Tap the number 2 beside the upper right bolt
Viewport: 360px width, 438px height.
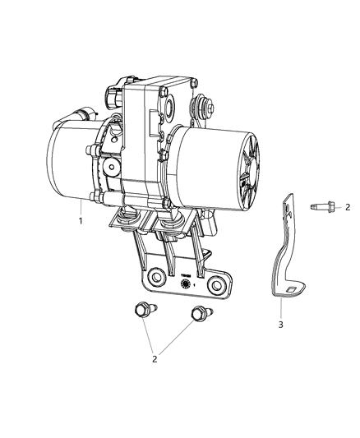pos(348,207)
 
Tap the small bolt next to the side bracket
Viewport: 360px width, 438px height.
pos(319,207)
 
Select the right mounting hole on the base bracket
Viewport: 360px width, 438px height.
pos(217,285)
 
